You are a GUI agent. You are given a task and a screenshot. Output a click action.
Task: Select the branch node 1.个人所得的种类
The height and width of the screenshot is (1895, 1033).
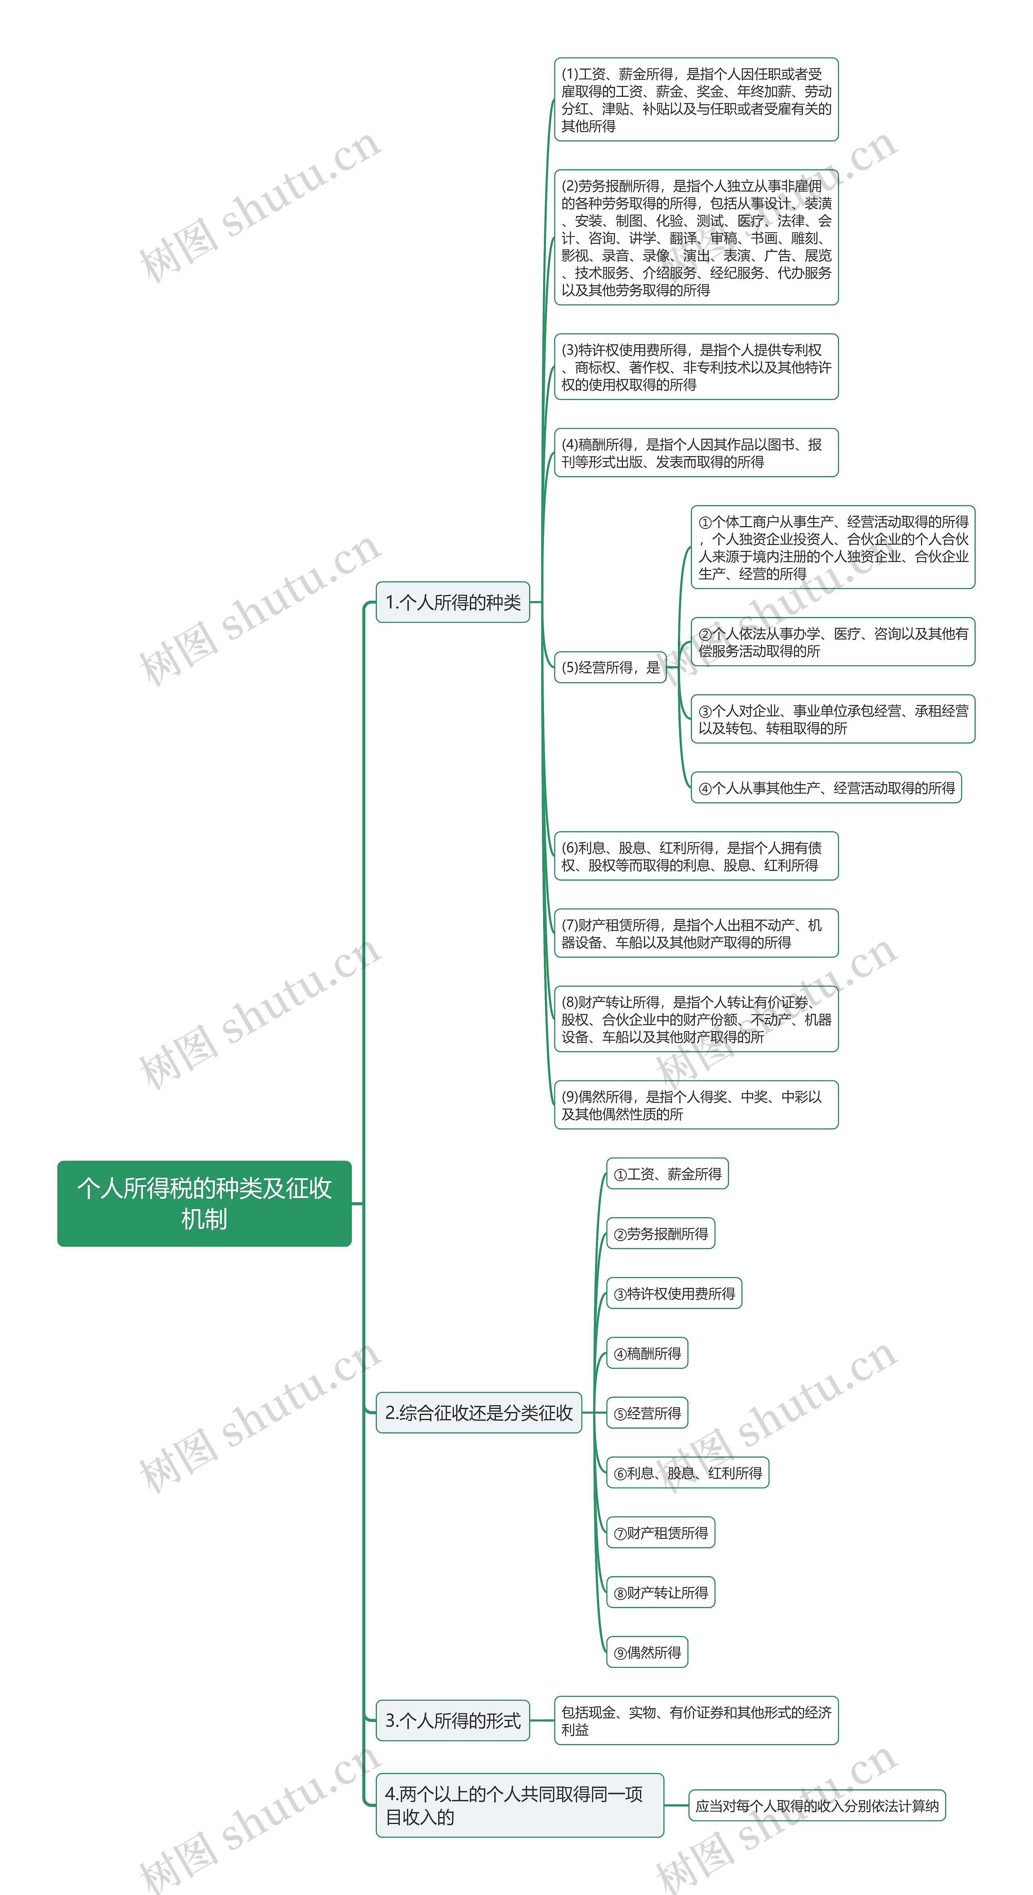[x=452, y=602]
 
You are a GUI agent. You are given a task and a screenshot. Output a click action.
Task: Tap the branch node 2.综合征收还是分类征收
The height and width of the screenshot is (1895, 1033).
[x=478, y=1412]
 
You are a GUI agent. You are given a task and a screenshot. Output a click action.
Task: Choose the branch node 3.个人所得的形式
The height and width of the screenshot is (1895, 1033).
[x=452, y=1720]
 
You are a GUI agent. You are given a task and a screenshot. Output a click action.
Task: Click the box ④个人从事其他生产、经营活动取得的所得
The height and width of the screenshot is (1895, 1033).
[x=826, y=788]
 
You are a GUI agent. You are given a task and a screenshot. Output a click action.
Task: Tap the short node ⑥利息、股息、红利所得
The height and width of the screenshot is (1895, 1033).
[x=687, y=1473]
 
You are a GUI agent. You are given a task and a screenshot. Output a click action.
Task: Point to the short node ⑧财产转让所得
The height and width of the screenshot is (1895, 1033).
[x=660, y=1593]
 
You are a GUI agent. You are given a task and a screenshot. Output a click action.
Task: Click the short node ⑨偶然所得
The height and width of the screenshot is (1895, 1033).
[x=647, y=1652]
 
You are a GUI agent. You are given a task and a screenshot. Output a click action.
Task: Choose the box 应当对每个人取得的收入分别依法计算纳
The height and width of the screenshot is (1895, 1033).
[x=817, y=1805]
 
